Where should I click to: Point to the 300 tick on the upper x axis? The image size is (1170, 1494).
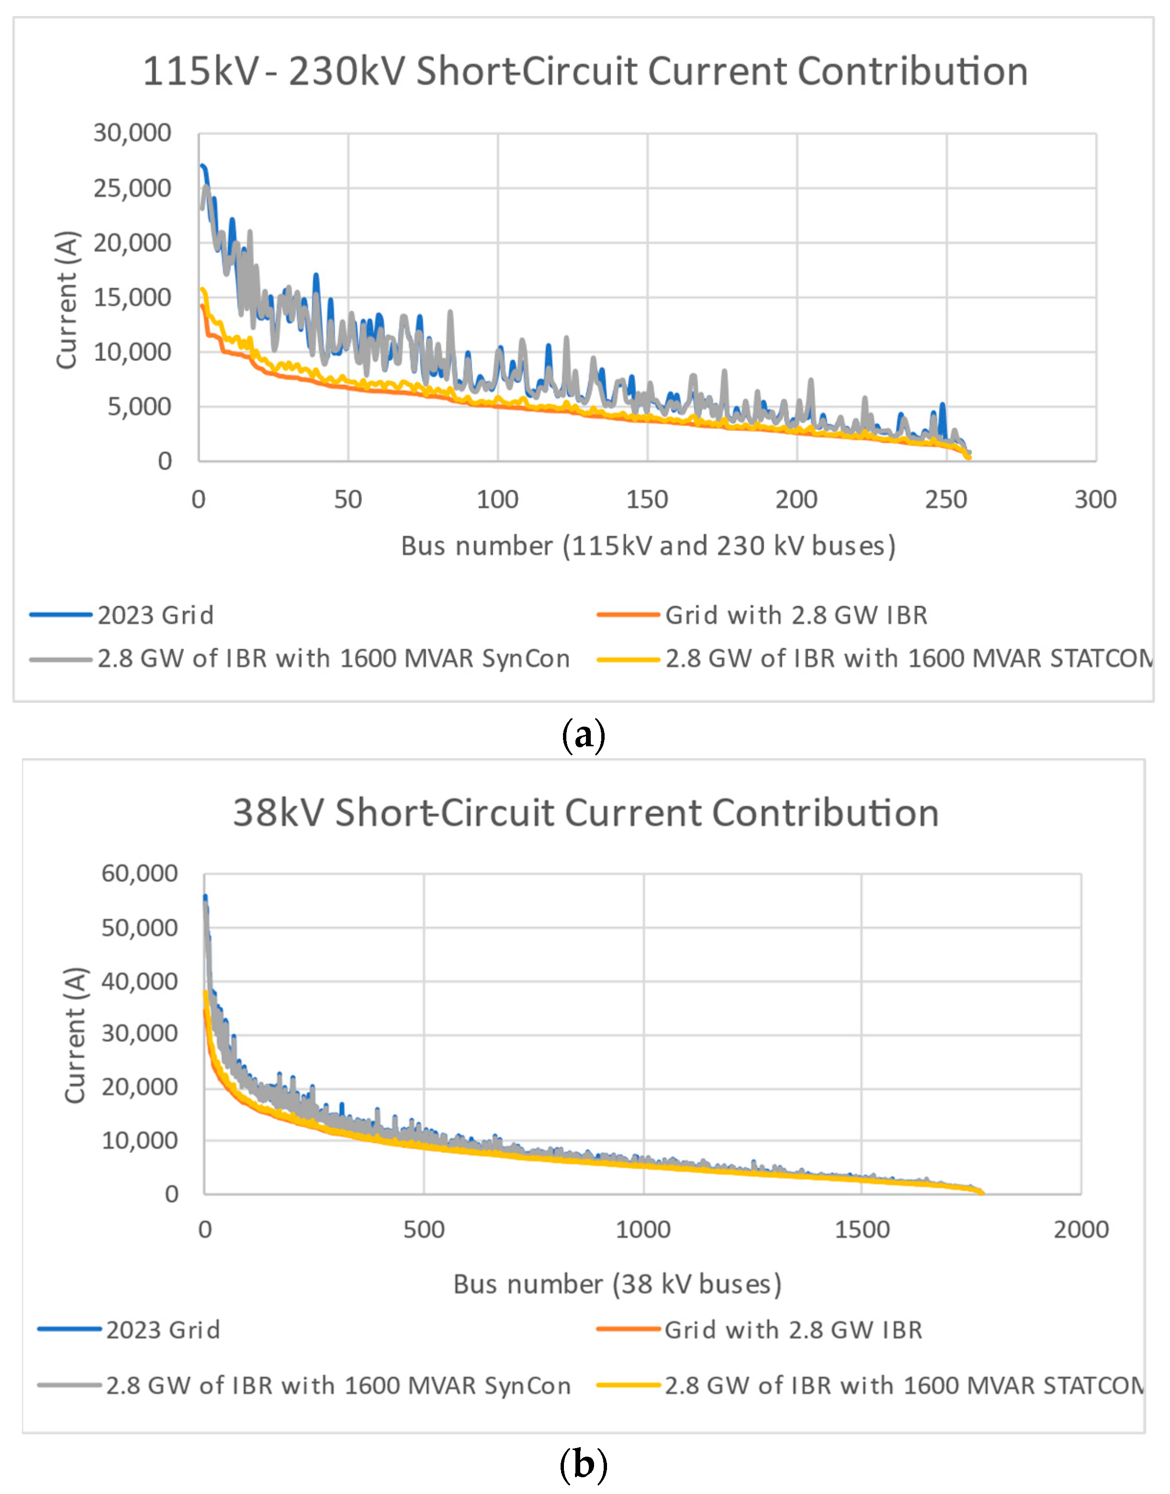[x=1095, y=499]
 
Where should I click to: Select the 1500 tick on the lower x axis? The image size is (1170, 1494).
[x=861, y=1230]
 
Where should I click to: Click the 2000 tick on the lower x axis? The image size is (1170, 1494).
[x=1080, y=1230]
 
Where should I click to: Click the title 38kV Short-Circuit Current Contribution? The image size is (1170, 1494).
[x=585, y=813]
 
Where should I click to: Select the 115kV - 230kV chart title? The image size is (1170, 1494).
[x=585, y=71]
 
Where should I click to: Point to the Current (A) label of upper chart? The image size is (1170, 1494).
[x=67, y=300]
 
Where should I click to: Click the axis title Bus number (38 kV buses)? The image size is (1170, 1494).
[x=617, y=1284]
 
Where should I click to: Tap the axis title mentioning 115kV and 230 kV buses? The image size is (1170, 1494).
[x=648, y=546]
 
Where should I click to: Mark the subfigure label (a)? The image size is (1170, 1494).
[x=583, y=735]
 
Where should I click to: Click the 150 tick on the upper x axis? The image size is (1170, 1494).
[x=647, y=499]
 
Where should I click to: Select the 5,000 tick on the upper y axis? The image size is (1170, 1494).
[x=139, y=406]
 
